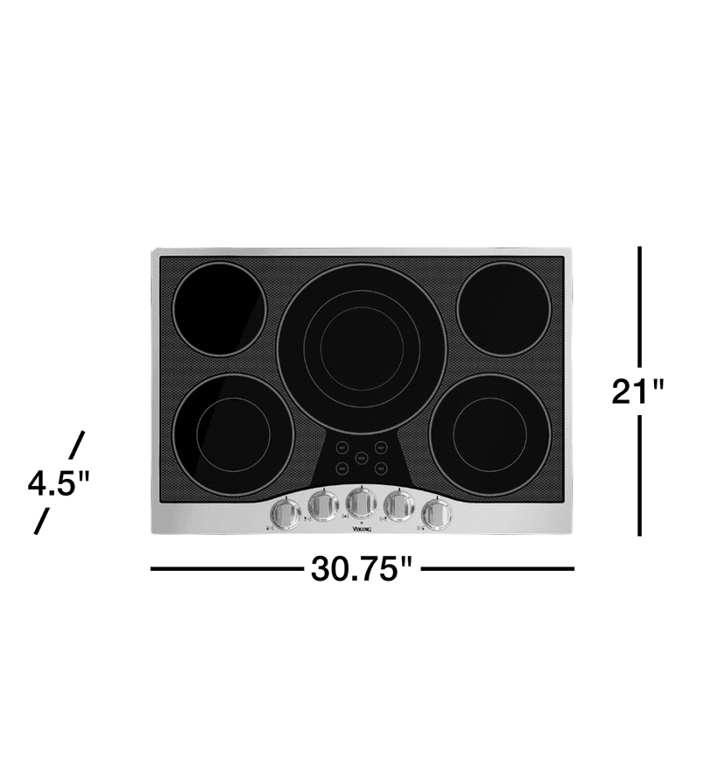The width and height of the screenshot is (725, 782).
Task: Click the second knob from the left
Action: point(322,505)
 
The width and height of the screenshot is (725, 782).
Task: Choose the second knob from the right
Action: point(398,505)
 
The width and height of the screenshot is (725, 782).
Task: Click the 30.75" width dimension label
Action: point(361,569)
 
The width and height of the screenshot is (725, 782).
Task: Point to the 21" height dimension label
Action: point(638,390)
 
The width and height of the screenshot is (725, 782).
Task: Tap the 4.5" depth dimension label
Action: point(60,483)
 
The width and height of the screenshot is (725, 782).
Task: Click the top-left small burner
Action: point(218,309)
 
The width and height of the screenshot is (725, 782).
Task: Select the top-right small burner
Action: point(503,309)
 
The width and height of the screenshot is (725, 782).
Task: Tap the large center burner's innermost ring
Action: point(361,346)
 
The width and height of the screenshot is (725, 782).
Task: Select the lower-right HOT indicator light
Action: point(382,468)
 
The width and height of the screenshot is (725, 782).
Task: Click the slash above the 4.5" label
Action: point(77,445)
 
